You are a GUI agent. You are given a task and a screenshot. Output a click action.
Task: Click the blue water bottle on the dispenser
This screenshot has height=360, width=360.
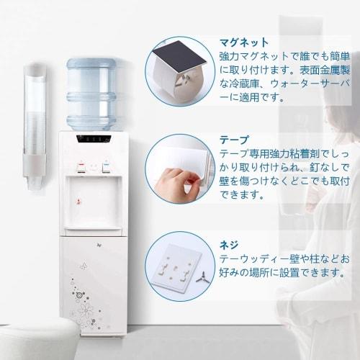(93, 94)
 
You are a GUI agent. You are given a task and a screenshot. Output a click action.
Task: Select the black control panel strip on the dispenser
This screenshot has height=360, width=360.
(94, 138)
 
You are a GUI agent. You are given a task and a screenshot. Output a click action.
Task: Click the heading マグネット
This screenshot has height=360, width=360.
(244, 42)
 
